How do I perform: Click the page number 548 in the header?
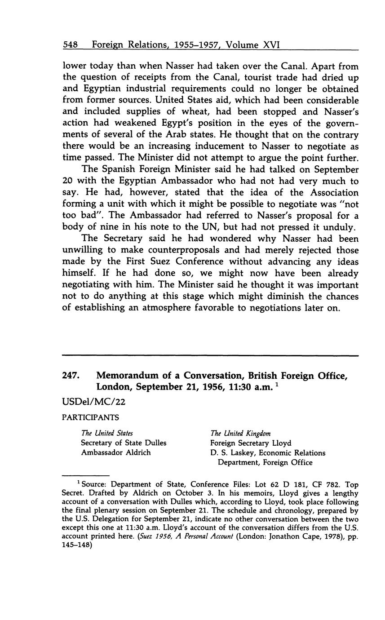point(71,45)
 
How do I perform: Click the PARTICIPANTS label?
point(90,417)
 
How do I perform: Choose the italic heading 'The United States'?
point(107,433)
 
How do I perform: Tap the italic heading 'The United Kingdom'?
point(240,433)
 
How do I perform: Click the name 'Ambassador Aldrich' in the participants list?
point(116,452)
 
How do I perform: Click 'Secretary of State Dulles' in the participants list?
point(124,443)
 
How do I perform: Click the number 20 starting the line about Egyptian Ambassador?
point(68,181)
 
